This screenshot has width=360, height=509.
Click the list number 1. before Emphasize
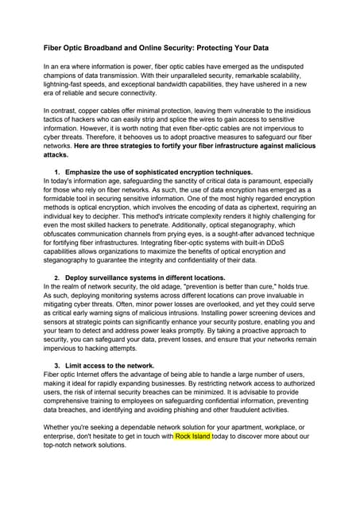point(57,173)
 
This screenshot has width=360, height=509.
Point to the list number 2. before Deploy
point(57,278)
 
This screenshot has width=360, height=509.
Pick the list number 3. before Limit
point(57,366)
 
